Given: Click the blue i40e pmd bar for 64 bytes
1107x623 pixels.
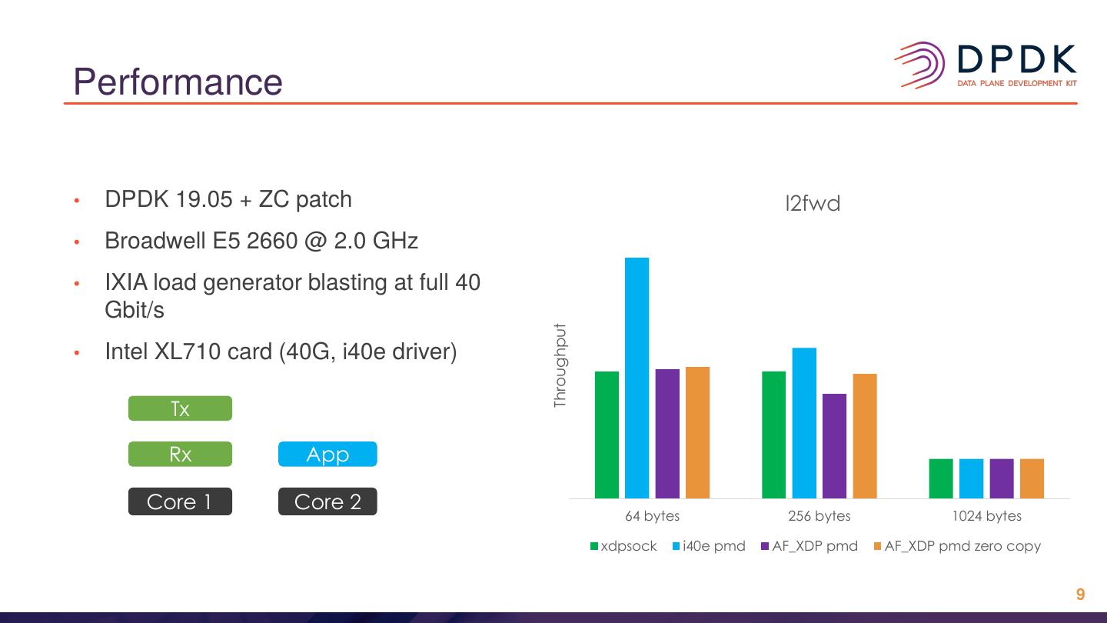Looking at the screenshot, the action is coord(637,378).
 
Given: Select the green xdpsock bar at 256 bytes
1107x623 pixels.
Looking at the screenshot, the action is coord(774,435).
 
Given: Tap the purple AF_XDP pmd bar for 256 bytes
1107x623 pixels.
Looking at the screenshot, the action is coord(834,446).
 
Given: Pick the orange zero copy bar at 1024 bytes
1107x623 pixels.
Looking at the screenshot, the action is coord(1032,478).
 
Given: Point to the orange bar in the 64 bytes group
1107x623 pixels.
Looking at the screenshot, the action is coord(697,432).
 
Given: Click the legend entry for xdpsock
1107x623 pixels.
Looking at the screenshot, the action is coord(623,546).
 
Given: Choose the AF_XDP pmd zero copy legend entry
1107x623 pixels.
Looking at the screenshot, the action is coord(957,546).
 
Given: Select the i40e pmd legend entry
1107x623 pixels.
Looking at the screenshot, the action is coord(709,546).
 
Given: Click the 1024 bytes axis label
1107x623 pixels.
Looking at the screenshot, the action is coord(986,515).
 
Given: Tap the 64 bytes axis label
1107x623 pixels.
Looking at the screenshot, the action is coord(653,515).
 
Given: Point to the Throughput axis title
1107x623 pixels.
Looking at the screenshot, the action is coord(560,365).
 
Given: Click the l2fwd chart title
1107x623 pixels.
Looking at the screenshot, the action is coord(813,203).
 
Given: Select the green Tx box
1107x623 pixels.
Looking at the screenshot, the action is coord(180,408).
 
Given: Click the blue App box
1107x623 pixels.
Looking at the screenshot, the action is coord(327,454).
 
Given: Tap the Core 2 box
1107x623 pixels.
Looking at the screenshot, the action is coord(327,501).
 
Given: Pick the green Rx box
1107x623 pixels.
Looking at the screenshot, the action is coord(180,454).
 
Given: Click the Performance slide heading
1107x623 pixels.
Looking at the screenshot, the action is coord(178,82).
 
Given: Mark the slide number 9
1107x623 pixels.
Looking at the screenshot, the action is coord(1080,594).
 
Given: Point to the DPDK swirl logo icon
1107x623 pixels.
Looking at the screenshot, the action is coord(919,65).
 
